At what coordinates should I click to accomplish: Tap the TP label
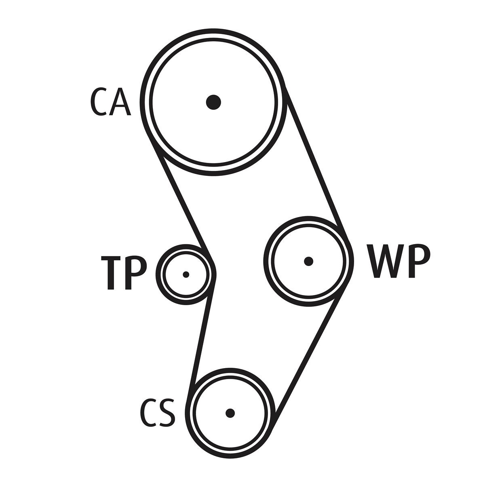[x=124, y=272]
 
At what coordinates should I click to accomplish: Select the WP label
[x=399, y=261]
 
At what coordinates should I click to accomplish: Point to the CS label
[x=158, y=413]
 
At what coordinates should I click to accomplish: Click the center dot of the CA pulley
[x=213, y=102]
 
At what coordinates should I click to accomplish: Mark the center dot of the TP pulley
[x=186, y=274]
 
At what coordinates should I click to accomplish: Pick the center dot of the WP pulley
[x=309, y=261]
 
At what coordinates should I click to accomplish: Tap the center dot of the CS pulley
[x=230, y=413]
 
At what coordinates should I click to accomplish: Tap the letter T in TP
[x=110, y=272]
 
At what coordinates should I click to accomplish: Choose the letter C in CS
[x=148, y=413]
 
